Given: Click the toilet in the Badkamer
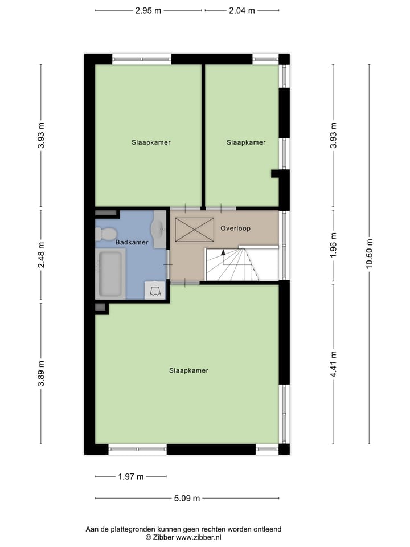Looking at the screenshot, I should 106,233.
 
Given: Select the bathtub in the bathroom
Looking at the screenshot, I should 109,273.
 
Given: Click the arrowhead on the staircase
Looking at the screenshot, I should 223,251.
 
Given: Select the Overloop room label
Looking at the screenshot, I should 235,228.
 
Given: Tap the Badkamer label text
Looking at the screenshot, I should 132,242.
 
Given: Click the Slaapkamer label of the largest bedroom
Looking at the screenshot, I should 188,370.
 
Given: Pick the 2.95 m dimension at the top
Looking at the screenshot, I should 147,10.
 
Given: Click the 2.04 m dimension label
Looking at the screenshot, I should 242,10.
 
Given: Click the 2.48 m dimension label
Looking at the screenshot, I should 40,255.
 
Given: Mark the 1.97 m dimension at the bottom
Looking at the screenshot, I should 130,476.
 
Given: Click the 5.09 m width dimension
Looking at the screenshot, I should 187,498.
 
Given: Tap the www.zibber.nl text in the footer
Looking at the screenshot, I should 198,537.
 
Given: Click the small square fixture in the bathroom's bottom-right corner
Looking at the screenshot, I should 154,291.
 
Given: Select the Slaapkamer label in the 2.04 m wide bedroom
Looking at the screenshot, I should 245,142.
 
